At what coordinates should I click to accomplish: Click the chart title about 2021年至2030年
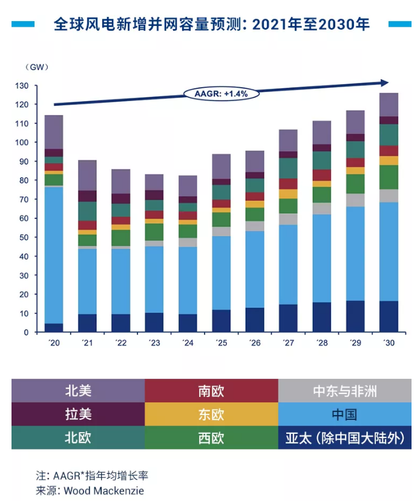pos(212,25)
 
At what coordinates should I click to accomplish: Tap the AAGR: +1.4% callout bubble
pos(221,94)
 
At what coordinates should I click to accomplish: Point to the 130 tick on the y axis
pos(23,86)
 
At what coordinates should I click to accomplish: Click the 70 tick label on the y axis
pos(23,200)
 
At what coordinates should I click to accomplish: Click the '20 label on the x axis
pos(54,342)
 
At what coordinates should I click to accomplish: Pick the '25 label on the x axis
pos(221,342)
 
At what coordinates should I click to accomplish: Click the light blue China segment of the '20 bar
pos(54,254)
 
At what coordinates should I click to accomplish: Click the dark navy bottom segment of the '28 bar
pos(321,317)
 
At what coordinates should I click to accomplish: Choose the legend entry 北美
pos(78,391)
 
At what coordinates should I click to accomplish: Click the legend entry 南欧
pos(211,391)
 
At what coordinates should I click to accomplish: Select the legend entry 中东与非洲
pos(345,391)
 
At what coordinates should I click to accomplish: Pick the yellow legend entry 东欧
pos(211,414)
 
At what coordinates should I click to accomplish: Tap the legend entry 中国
pos(345,414)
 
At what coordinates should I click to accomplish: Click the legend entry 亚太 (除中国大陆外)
pos(345,438)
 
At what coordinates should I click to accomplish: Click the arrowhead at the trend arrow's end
pos(385,82)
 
